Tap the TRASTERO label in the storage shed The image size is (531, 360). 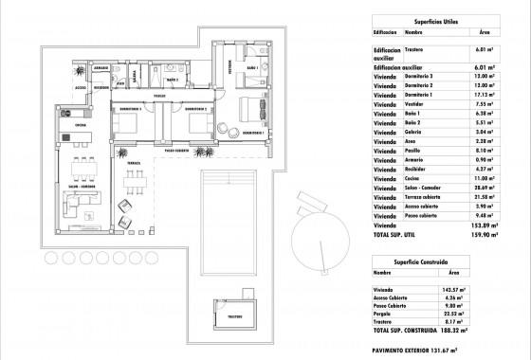click(236, 315)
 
